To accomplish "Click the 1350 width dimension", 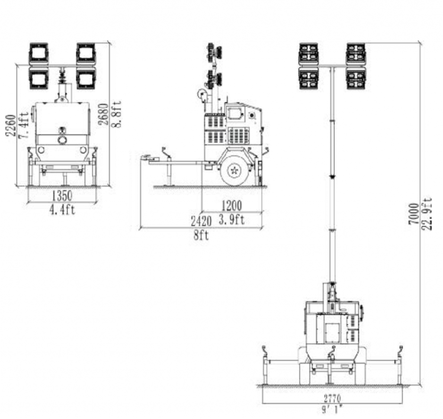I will click(x=62, y=196).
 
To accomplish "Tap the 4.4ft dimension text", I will click(x=62, y=210).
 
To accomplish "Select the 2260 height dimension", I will click(x=10, y=126).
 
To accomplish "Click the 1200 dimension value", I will click(x=231, y=206).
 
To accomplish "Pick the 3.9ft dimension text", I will click(x=231, y=219).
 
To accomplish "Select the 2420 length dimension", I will click(x=201, y=221).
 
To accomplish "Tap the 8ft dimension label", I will click(x=201, y=236).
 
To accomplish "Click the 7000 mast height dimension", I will click(x=414, y=214).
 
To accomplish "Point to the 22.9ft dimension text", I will click(x=427, y=214).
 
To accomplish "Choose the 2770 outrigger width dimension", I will click(x=332, y=398).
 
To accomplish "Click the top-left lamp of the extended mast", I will click(x=308, y=53).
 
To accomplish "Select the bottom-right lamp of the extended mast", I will click(x=356, y=78).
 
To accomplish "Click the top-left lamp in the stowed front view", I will click(x=39, y=53).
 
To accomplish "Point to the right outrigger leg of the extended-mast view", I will click(x=400, y=366).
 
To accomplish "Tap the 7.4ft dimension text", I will click(x=24, y=126).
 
